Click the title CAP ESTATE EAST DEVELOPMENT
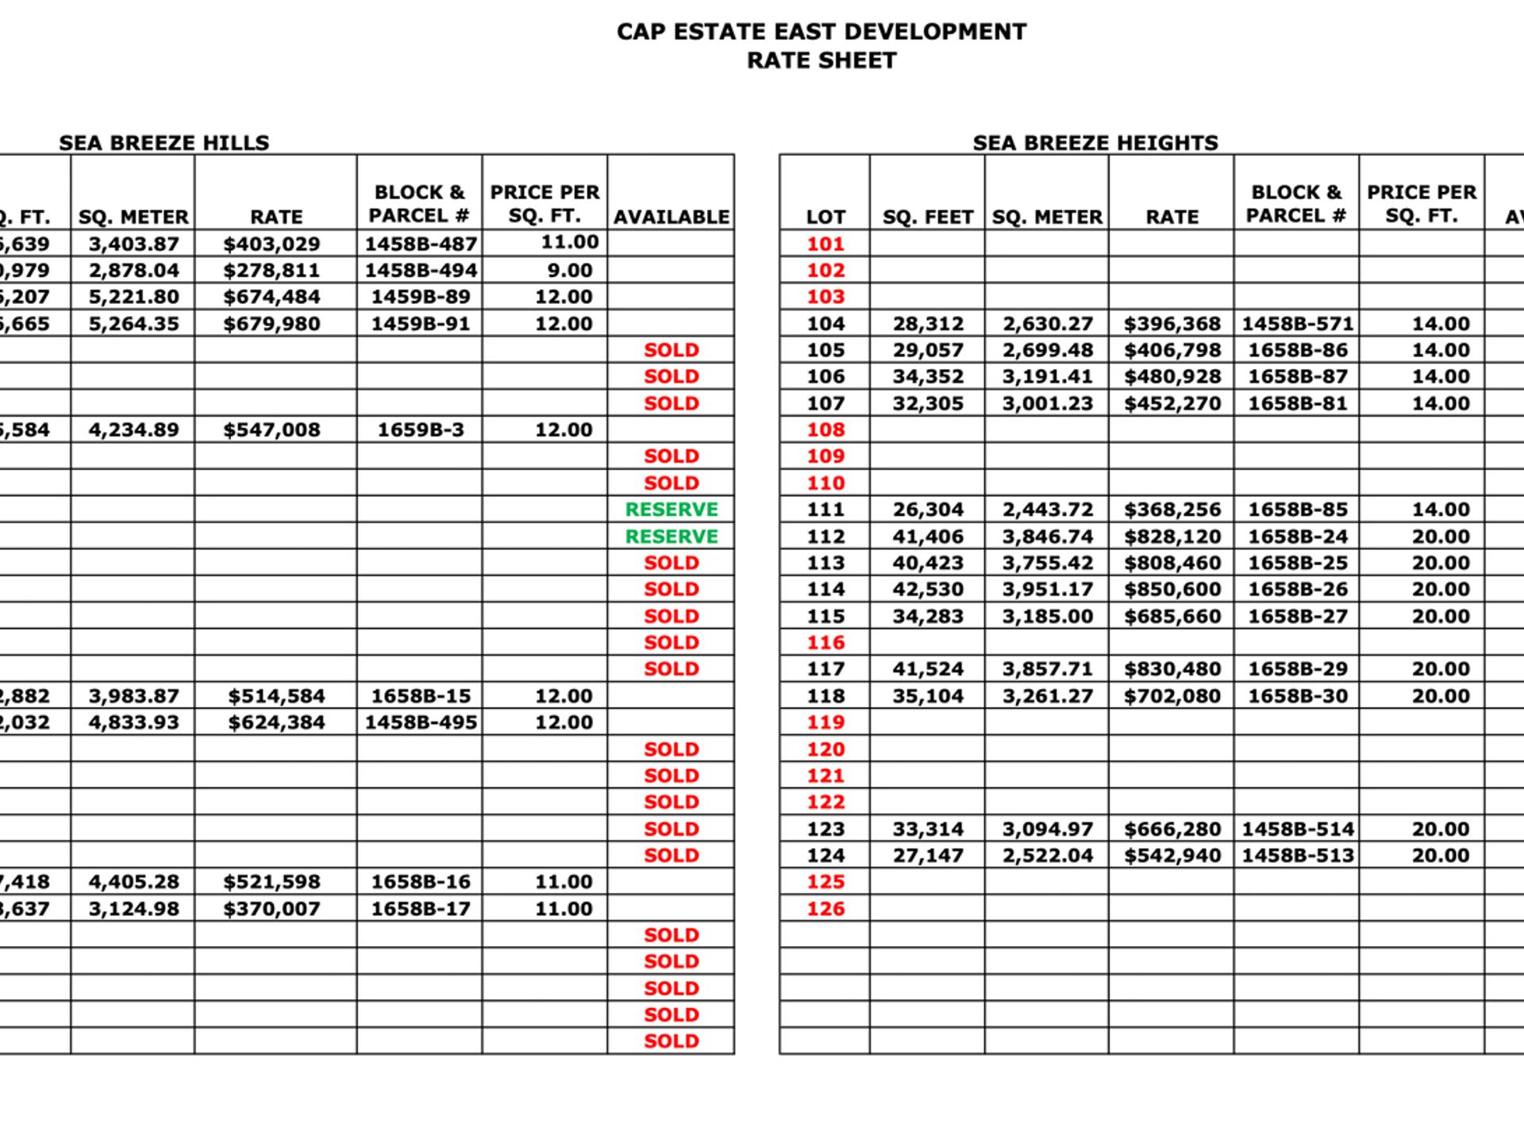click(822, 32)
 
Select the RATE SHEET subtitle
click(822, 60)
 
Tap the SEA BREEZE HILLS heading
click(164, 143)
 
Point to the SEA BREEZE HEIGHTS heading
click(1095, 143)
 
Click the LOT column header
click(825, 217)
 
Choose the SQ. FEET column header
click(928, 217)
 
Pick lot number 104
click(825, 324)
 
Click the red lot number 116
click(825, 642)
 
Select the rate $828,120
click(1172, 537)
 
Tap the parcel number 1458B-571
click(1297, 324)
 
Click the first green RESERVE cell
click(672, 510)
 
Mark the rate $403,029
click(271, 244)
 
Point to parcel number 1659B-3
click(420, 430)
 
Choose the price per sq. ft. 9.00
click(569, 271)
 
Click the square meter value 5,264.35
click(134, 324)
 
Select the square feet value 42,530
click(928, 590)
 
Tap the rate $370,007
click(271, 909)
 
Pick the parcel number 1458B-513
click(1297, 856)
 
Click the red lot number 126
click(825, 909)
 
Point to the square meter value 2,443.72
click(1048, 510)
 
